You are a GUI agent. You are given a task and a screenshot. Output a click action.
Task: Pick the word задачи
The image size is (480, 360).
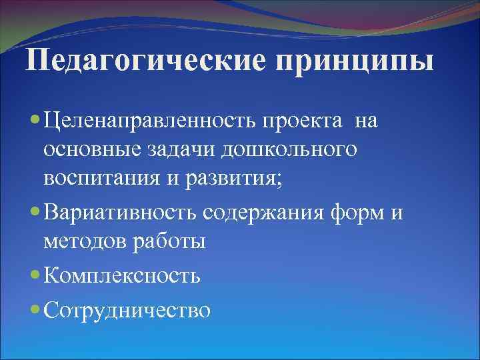point(182,151)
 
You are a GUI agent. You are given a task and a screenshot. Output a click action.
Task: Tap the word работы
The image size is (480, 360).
point(171,241)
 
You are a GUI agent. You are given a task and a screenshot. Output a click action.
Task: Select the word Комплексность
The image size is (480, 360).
point(122,275)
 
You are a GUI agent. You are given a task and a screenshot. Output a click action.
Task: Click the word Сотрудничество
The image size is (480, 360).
point(127,309)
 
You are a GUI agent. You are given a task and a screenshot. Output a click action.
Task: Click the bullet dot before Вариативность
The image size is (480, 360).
point(35,213)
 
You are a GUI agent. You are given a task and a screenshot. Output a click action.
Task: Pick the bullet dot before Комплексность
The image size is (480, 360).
point(35,275)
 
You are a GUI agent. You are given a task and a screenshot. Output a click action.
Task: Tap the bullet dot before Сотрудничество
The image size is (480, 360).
point(35,310)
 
